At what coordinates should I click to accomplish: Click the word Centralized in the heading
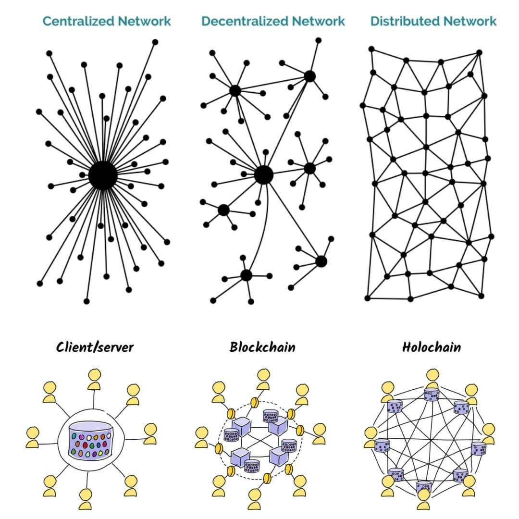78,21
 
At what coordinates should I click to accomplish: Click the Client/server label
95,347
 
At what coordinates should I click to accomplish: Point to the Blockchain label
262,347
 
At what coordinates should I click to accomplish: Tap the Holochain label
431,347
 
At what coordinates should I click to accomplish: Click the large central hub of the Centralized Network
103,176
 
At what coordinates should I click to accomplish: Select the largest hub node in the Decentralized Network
263,175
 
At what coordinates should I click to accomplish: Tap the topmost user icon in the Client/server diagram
94,380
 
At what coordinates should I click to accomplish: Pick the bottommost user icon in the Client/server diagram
86,498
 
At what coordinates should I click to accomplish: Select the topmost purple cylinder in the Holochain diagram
431,395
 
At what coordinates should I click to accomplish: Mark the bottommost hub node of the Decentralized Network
246,275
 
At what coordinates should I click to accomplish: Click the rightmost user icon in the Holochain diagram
488,432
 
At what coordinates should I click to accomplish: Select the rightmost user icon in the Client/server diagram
150,433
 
